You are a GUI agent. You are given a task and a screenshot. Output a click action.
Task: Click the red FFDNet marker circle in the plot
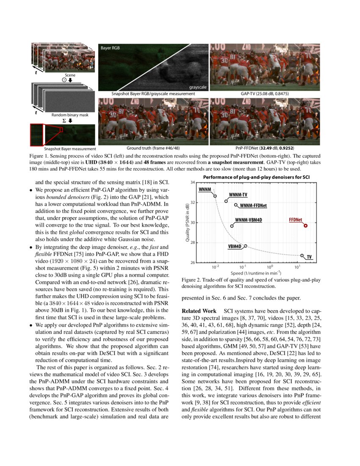[305, 226]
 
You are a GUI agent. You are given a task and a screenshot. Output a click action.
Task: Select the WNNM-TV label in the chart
[238, 195]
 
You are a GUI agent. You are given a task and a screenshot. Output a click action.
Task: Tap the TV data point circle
[302, 255]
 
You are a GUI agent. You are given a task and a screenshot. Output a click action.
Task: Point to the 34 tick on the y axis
[192, 183]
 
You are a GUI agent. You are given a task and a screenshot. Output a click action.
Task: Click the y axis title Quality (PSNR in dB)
[187, 222]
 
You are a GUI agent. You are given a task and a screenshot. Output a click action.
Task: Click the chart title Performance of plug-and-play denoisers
[250, 177]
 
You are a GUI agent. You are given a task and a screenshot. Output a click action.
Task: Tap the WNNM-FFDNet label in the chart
[253, 205]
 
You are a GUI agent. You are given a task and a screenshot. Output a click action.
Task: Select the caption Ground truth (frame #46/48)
[153, 148]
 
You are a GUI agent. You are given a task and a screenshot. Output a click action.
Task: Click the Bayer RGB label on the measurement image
[110, 48]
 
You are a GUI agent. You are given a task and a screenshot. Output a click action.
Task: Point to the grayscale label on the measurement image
[198, 87]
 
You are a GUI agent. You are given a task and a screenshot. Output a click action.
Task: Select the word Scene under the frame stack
[64, 75]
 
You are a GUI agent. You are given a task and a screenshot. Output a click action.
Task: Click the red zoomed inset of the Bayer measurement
[37, 135]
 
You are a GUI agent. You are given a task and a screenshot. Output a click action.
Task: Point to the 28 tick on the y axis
[192, 243]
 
